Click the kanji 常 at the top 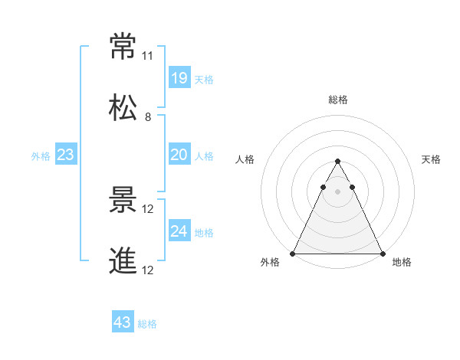coord(123,47)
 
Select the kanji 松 coord(123,108)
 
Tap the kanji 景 coord(123,200)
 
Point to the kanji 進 coord(123,260)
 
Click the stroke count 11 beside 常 coord(147,56)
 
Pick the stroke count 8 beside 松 coord(147,116)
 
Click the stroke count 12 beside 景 coord(148,208)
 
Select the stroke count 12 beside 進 coord(148,269)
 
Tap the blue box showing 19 coord(179,77)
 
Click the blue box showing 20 coord(179,155)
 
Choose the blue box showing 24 coord(179,231)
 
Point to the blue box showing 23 coord(66,155)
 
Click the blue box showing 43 coord(122,322)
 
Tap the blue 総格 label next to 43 coord(147,324)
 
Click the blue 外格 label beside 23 coord(41,156)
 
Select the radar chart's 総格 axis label coord(337,100)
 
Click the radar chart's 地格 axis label coord(402,262)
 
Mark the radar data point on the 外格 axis coord(293,253)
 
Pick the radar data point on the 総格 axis coord(337,161)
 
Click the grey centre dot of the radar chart coord(337,191)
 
